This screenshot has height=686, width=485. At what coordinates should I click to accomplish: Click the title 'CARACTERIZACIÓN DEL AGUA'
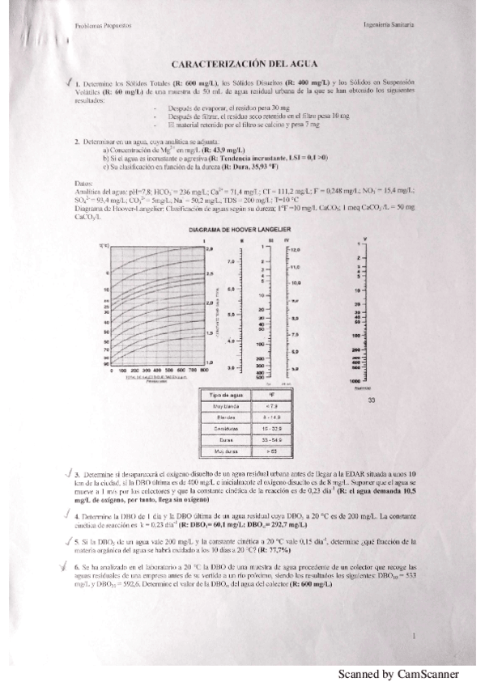(242, 63)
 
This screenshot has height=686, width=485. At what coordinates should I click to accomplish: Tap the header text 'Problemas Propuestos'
(99, 26)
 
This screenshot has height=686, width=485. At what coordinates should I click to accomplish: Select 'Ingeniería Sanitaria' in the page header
(388, 26)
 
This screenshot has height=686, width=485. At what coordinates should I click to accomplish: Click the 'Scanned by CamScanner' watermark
(398, 674)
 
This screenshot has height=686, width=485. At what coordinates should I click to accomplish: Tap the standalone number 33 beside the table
(372, 400)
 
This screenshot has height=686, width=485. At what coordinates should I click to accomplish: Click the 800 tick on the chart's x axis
(198, 369)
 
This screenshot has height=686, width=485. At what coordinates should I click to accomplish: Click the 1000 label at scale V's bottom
(355, 379)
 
